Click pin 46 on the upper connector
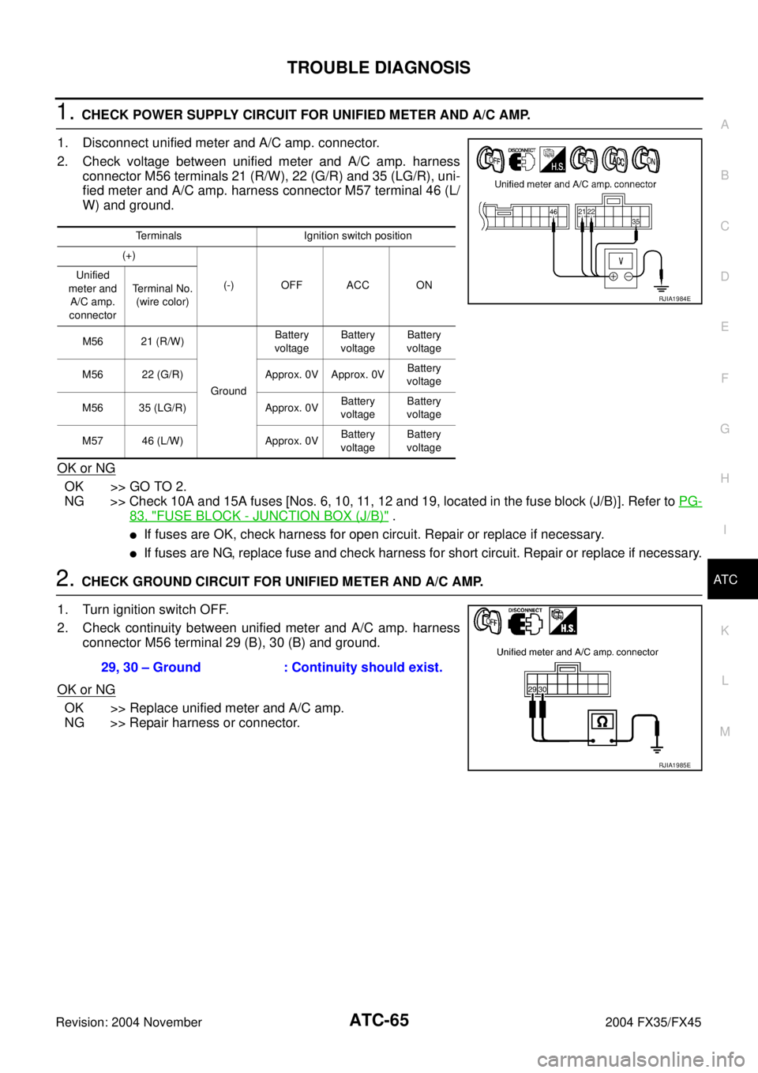click(553, 213)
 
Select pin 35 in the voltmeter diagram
click(636, 223)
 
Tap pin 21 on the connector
click(582, 213)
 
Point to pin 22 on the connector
click(591, 213)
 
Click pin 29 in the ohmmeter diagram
click(532, 690)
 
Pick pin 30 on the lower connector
click(542, 690)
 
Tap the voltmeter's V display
click(621, 261)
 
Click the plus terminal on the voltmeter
click(613, 277)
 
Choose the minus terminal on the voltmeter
click(629, 277)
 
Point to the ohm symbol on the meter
click(602, 721)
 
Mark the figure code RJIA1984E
click(675, 299)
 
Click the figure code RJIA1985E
click(675, 765)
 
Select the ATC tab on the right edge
click(725, 580)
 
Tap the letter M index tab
click(725, 732)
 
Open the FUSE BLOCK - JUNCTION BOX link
click(259, 515)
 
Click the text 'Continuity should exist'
click(367, 667)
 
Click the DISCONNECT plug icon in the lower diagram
click(525, 622)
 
